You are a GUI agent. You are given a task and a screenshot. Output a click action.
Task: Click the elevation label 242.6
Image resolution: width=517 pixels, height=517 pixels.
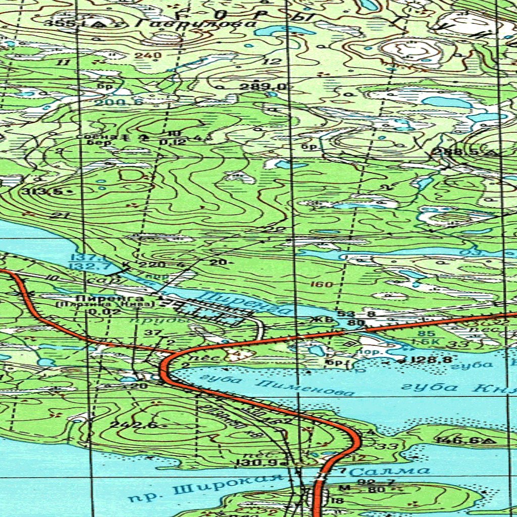126,425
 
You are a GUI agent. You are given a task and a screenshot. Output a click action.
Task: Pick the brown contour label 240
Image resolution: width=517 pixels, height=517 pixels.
148,56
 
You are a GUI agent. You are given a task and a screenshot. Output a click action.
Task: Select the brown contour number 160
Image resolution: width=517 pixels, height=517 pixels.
321,284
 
